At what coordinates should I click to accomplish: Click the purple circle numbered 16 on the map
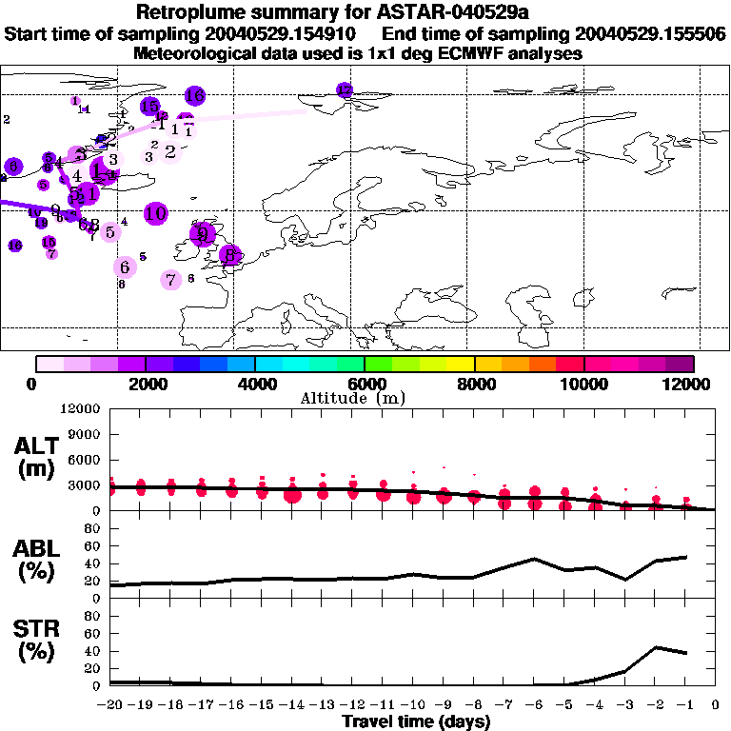(x=194, y=95)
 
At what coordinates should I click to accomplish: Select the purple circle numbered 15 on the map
(x=149, y=107)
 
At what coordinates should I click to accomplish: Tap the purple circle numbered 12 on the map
(x=345, y=89)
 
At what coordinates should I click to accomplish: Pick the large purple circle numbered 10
(x=156, y=213)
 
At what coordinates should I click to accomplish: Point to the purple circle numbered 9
(x=202, y=234)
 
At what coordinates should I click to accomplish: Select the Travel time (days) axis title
(x=416, y=722)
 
